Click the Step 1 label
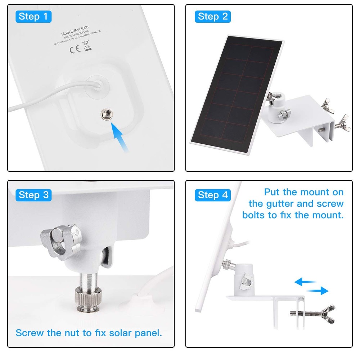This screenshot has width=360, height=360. tap(33, 16)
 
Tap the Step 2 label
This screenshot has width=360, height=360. tap(212, 16)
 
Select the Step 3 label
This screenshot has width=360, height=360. tap(33, 195)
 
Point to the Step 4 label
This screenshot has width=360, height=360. tap(212, 195)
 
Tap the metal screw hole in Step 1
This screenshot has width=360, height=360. tap(106, 114)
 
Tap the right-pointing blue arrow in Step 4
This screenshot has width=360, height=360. tap(318, 290)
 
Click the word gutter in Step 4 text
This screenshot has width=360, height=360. tap(279, 204)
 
